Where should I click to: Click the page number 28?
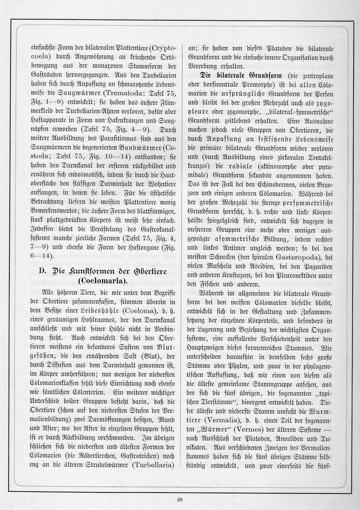tap(180, 499)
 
